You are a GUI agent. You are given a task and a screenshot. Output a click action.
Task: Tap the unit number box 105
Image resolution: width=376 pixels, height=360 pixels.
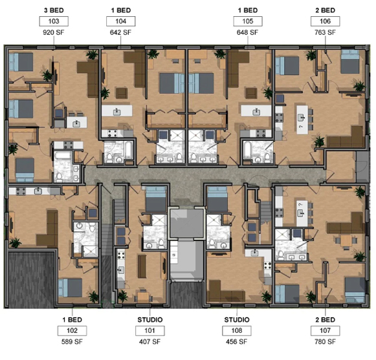coord(247,21)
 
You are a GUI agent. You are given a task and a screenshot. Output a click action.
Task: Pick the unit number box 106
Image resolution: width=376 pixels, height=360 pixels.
coord(324,21)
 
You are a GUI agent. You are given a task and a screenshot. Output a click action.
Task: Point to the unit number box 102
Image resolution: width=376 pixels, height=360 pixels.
coord(71,331)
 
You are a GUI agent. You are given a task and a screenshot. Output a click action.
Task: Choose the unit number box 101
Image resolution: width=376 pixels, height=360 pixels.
coord(149,331)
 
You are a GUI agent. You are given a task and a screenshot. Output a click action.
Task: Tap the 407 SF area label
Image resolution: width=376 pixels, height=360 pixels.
coord(149,342)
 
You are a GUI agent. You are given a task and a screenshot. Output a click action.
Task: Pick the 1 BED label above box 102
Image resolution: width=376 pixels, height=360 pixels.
coord(71,320)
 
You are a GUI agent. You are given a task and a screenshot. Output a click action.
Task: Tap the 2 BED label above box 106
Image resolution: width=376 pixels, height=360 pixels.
coord(324,10)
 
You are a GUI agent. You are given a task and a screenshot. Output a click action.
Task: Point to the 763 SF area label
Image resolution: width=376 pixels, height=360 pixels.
coord(324,32)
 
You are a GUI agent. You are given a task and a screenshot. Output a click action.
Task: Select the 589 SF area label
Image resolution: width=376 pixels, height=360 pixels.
coord(71,342)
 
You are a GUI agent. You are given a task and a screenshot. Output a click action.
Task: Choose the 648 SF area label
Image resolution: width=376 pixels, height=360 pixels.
coord(247,32)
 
